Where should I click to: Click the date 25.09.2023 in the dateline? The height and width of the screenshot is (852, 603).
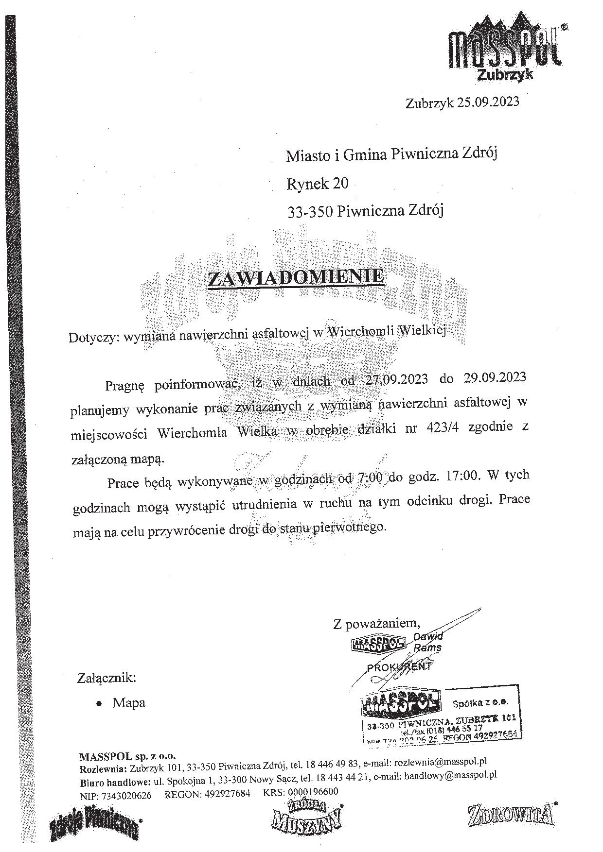(x=488, y=102)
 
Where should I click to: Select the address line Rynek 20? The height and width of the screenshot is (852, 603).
(x=317, y=183)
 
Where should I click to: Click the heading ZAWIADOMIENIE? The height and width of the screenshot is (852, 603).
(x=296, y=278)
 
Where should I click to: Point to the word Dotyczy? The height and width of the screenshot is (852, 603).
(x=93, y=337)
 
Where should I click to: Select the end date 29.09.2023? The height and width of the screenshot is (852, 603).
(x=492, y=377)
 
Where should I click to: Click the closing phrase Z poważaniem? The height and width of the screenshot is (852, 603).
(x=376, y=623)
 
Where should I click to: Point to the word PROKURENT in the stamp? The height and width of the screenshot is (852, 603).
(x=399, y=666)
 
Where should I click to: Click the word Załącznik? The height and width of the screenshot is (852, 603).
(x=106, y=678)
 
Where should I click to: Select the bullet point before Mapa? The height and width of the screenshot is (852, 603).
(x=99, y=703)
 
